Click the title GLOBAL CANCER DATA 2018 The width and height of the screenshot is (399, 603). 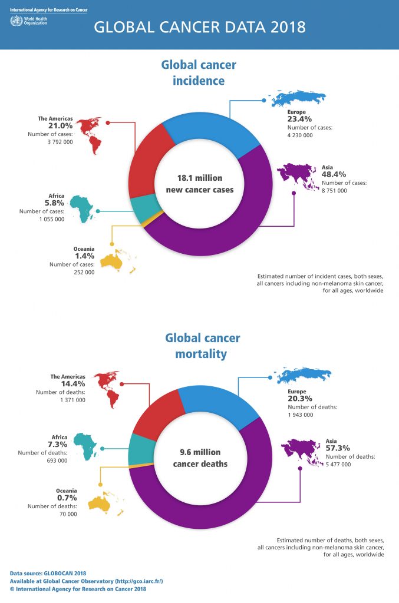[200, 27]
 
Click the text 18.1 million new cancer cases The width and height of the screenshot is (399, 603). [200, 183]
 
